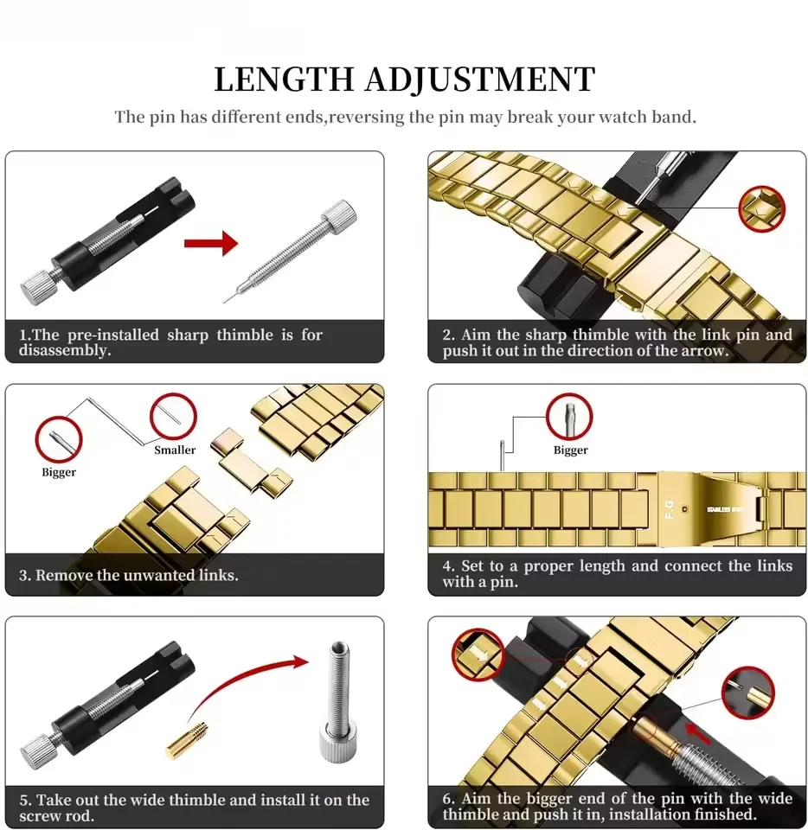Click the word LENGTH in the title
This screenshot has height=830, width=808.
coord(284,80)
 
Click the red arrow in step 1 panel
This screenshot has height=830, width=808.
coord(210,243)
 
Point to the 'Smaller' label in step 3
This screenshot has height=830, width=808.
coord(175,450)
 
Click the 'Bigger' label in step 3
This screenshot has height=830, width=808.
coord(59,472)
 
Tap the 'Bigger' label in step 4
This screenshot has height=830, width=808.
coord(570,450)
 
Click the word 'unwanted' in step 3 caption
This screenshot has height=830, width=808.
coord(139,575)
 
